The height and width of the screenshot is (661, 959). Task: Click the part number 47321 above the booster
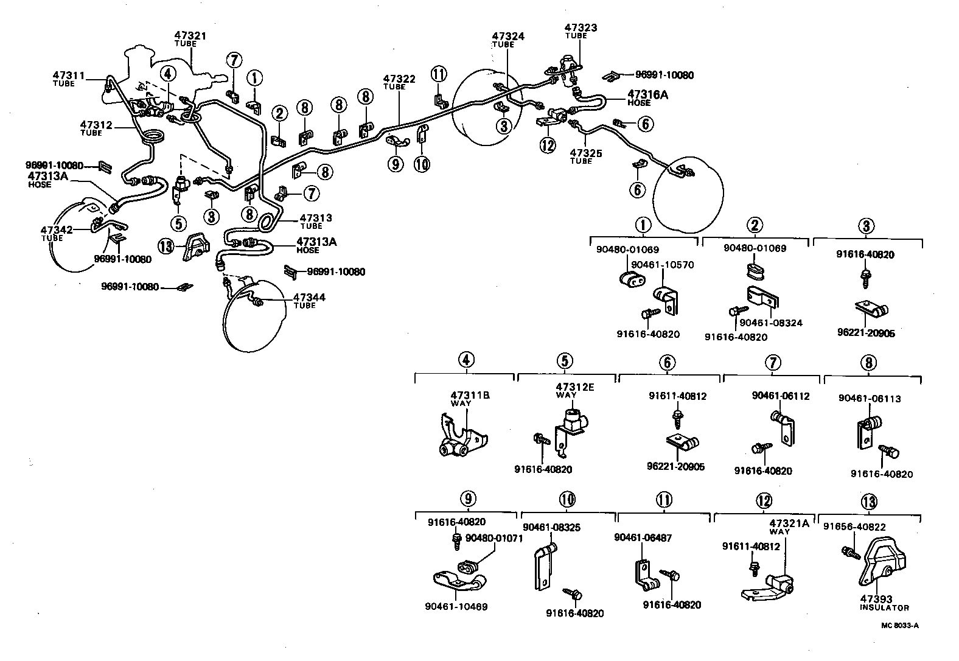coord(190,36)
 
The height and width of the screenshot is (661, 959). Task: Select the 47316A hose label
coord(647,94)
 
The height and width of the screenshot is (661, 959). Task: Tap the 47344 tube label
coord(309,297)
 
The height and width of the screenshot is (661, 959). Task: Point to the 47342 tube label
coord(57,230)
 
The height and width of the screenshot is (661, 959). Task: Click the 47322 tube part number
coord(399,79)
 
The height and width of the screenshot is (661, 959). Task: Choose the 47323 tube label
coord(581,27)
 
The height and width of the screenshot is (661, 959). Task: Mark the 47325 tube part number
coord(586,153)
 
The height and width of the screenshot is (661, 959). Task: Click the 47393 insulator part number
coord(876,599)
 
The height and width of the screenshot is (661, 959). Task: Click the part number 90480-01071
coord(494,538)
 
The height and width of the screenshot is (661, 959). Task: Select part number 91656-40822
coord(854,526)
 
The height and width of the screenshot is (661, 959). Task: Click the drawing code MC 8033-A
coord(899,624)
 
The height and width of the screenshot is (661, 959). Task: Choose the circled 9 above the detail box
coord(467,499)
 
